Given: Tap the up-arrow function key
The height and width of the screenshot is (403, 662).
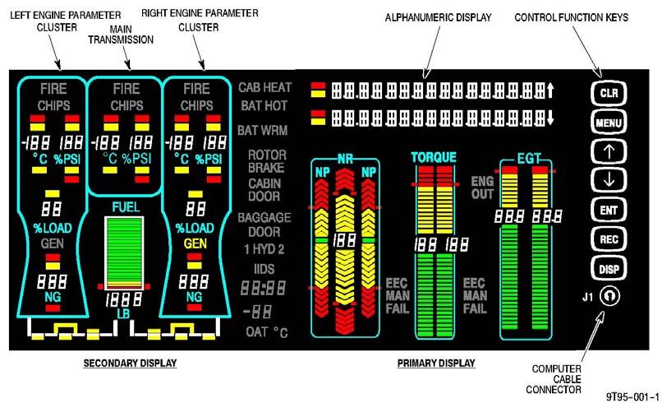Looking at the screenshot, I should (609, 151).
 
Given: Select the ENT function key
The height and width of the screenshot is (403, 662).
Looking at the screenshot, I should (609, 210).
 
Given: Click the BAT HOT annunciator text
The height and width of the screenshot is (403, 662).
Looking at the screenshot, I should (264, 106).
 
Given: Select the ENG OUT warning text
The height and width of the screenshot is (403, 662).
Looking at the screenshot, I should (483, 187).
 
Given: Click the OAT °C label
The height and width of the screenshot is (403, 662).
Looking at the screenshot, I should (268, 331).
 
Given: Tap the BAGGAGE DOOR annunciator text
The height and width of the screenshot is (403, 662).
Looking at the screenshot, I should (264, 225).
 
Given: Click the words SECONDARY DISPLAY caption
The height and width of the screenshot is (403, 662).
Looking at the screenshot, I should (130, 363).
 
